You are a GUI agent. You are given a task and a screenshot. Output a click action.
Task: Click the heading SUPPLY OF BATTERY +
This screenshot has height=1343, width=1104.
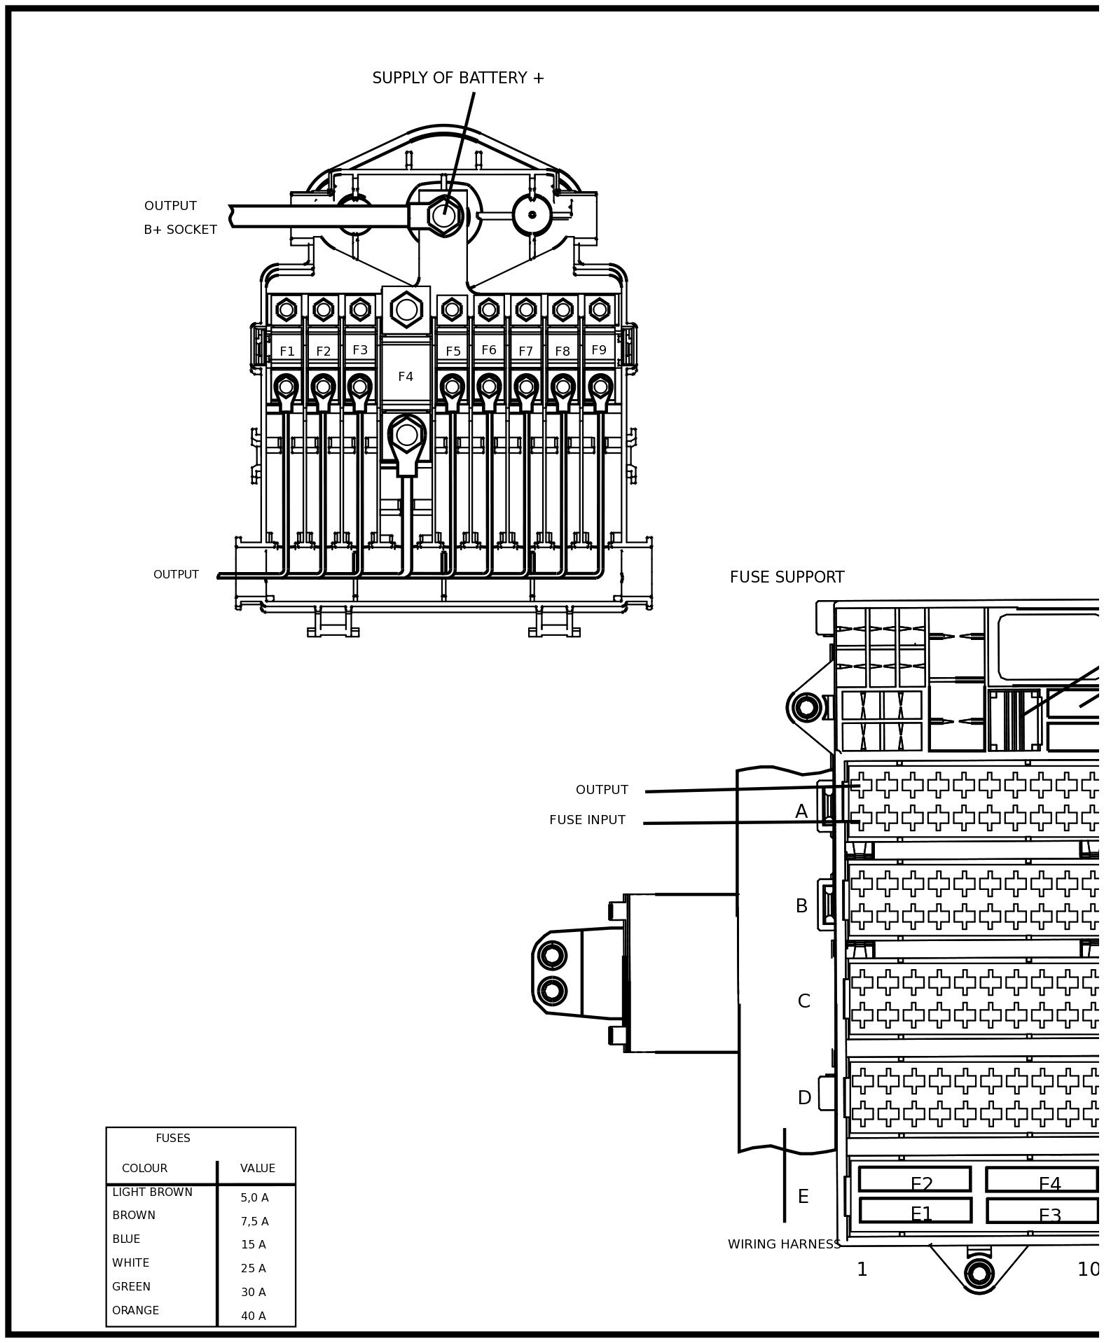pyautogui.click(x=457, y=78)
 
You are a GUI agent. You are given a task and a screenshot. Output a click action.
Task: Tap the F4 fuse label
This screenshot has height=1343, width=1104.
pyautogui.click(x=406, y=377)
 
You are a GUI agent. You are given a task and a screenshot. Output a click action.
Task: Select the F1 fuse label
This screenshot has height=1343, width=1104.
pyautogui.click(x=287, y=352)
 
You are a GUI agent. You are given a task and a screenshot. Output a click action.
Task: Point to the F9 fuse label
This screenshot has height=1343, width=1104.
pyautogui.click(x=599, y=350)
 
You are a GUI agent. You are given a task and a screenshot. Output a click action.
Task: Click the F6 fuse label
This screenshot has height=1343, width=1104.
pyautogui.click(x=489, y=350)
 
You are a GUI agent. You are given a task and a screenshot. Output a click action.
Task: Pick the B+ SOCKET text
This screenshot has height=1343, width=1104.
pyautogui.click(x=180, y=230)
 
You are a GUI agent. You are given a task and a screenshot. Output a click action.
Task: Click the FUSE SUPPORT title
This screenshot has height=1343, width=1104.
pyautogui.click(x=787, y=577)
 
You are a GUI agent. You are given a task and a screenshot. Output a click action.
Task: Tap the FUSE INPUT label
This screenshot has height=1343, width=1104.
pyautogui.click(x=587, y=820)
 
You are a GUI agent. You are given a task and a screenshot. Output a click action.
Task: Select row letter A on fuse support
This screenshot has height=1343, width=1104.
pyautogui.click(x=801, y=812)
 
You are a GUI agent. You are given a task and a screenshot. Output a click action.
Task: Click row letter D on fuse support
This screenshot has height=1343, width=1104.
pyautogui.click(x=804, y=1098)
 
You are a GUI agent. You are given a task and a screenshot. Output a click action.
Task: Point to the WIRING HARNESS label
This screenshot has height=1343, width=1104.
pyautogui.click(x=784, y=1244)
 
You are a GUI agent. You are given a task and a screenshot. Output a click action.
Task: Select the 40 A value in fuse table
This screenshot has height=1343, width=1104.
pyautogui.click(x=254, y=1316)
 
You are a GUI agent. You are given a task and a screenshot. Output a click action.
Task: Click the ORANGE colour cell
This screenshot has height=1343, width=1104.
pyautogui.click(x=136, y=1310)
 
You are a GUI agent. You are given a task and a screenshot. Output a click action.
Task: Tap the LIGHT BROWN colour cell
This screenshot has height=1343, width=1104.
pyautogui.click(x=152, y=1192)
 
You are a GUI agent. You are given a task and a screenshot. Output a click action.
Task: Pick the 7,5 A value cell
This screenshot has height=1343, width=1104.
pyautogui.click(x=254, y=1221)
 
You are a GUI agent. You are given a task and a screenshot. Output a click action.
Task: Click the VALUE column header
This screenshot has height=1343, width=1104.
pyautogui.click(x=258, y=1168)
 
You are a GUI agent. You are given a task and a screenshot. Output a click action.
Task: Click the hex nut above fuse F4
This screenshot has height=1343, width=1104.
pyautogui.click(x=406, y=309)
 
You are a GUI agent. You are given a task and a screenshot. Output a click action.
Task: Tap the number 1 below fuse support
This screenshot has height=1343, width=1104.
pyautogui.click(x=862, y=1269)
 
